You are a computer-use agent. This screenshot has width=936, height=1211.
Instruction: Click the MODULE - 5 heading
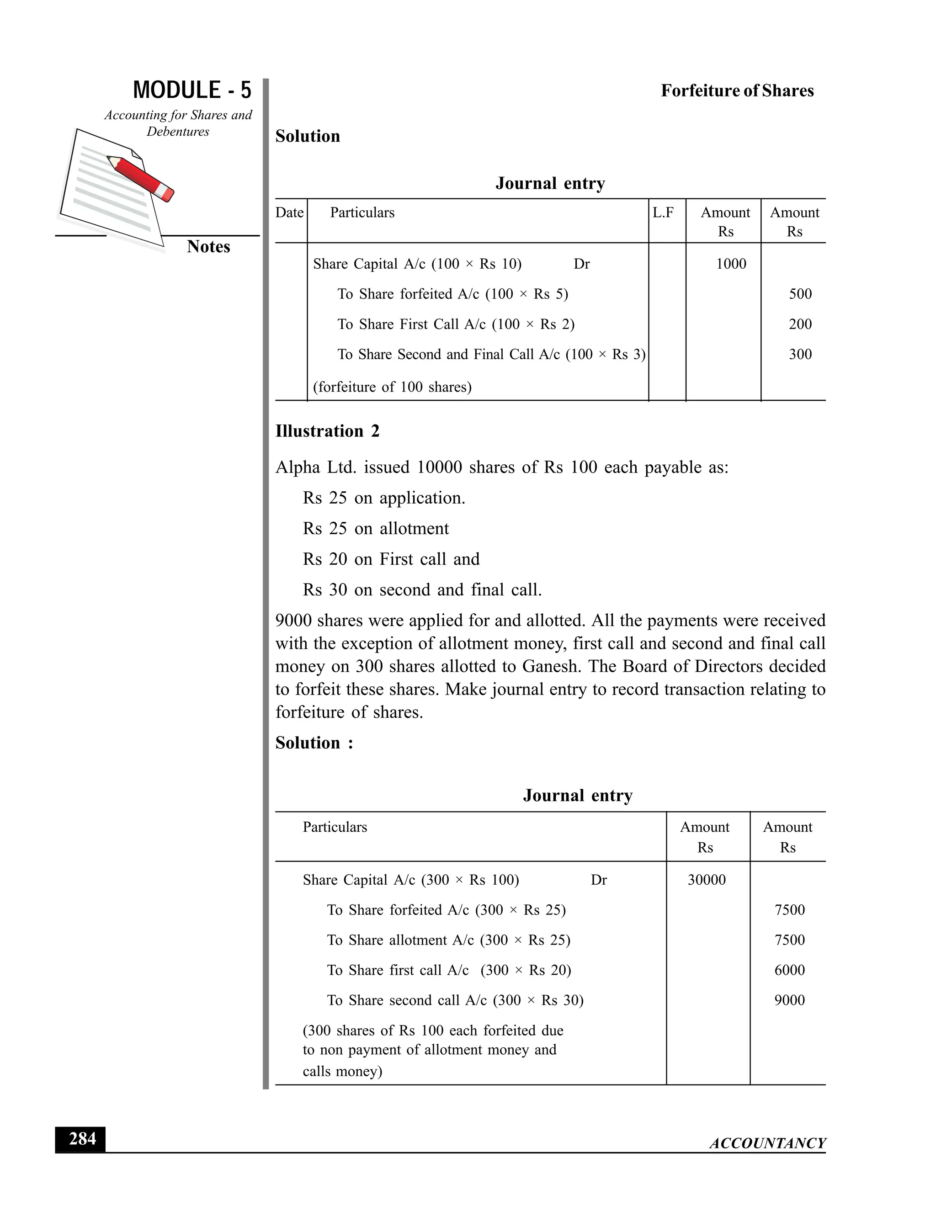pos(192,90)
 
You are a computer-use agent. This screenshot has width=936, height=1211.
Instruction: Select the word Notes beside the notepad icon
pos(208,246)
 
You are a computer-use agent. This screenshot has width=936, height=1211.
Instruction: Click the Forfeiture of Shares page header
pos(737,91)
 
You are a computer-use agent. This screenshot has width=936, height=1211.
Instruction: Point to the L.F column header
pos(663,213)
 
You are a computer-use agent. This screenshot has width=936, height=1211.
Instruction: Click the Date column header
pos(289,213)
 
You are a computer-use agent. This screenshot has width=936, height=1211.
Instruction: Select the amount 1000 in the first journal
pos(731,264)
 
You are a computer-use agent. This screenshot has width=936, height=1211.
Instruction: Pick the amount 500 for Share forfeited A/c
pos(800,294)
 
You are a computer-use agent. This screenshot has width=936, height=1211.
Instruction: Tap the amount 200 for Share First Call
pos(800,324)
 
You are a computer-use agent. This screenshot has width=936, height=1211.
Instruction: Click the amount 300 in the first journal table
pos(800,354)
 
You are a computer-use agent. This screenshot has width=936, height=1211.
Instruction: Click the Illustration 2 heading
pos(327,431)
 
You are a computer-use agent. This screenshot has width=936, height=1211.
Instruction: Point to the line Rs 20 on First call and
pos(391,559)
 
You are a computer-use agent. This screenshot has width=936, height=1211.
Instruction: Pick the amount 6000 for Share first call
pos(789,970)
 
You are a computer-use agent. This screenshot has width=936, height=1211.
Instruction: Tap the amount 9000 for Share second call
pos(789,1000)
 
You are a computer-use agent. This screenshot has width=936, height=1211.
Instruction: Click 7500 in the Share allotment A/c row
pos(789,940)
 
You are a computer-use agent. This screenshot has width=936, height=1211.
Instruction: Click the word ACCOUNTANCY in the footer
pos(767,1143)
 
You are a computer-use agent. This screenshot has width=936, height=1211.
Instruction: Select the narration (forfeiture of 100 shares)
pos(392,387)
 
